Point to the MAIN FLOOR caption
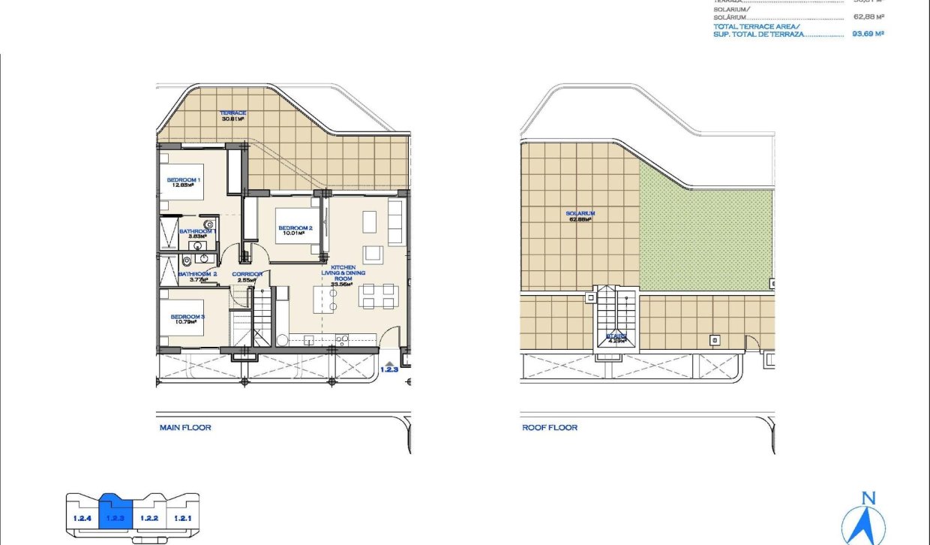coord(185,428)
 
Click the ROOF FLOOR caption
coord(550,428)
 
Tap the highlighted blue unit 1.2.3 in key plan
coord(115,516)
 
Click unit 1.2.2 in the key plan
coord(149,518)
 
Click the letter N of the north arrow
coord(868,498)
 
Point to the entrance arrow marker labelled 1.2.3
coord(388,366)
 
